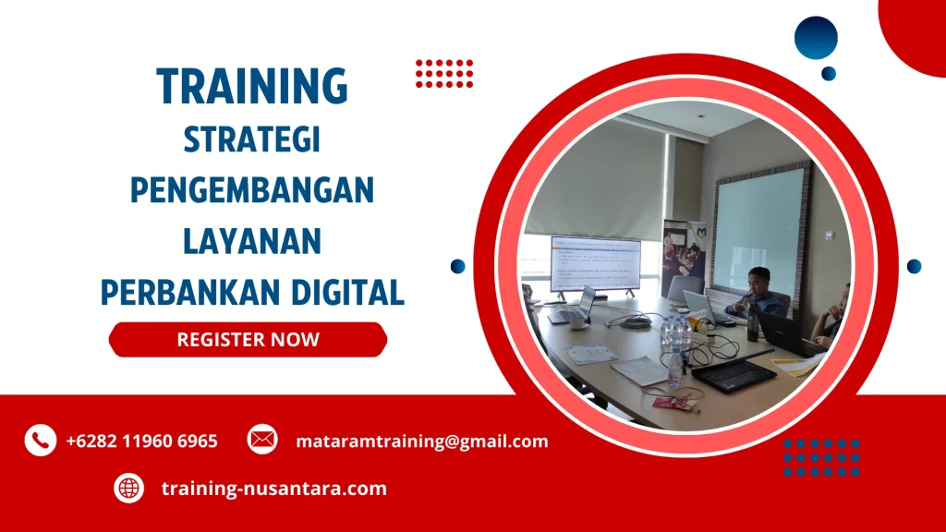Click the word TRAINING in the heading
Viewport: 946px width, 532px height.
(252, 86)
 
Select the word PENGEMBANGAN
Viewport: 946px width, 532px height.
(251, 191)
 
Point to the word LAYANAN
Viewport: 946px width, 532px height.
(251, 242)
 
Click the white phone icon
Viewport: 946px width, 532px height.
(41, 441)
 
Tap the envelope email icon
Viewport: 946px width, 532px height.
(262, 440)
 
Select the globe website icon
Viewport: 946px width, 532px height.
(129, 488)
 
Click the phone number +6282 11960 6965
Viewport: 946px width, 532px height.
(141, 441)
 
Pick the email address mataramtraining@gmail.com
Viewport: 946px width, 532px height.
(421, 441)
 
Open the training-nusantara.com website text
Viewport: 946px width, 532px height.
(273, 489)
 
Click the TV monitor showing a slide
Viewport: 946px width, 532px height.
(595, 263)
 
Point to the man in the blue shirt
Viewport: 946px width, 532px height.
(758, 293)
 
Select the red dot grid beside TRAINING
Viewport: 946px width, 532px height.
(444, 73)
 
